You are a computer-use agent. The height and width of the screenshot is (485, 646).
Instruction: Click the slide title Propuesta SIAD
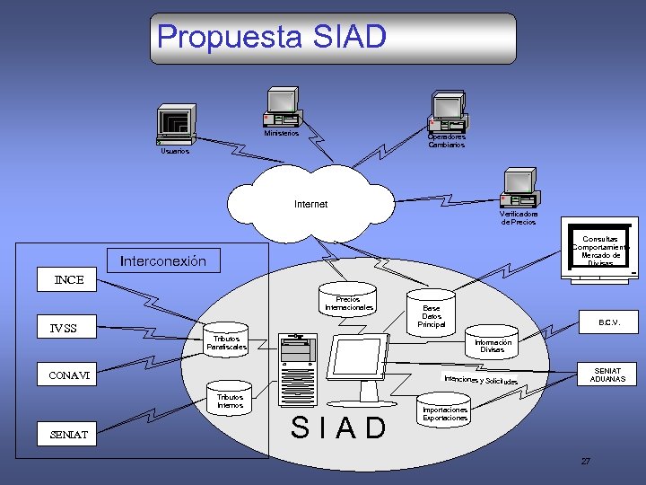pyautogui.click(x=272, y=37)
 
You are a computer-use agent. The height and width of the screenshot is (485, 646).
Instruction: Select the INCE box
pyautogui.click(x=69, y=279)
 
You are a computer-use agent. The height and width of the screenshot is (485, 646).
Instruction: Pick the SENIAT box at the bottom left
pyautogui.click(x=69, y=435)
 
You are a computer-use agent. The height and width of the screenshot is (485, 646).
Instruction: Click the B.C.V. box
pyautogui.click(x=610, y=322)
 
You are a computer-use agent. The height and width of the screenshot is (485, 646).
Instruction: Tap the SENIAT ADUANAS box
pyautogui.click(x=608, y=375)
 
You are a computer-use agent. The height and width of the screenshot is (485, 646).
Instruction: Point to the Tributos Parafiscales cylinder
pyautogui.click(x=225, y=341)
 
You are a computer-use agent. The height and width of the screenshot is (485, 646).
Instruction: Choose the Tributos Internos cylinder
pyautogui.click(x=230, y=401)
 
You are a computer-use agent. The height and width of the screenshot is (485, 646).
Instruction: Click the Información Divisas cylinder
pyautogui.click(x=493, y=346)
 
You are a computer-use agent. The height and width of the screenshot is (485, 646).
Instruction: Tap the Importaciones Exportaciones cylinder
pyautogui.click(x=445, y=412)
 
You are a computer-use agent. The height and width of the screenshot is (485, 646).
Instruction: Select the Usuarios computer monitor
pyautogui.click(x=175, y=123)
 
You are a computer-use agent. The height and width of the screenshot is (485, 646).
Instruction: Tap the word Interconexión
pyautogui.click(x=163, y=261)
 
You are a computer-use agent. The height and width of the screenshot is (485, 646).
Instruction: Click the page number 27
pyautogui.click(x=585, y=461)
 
